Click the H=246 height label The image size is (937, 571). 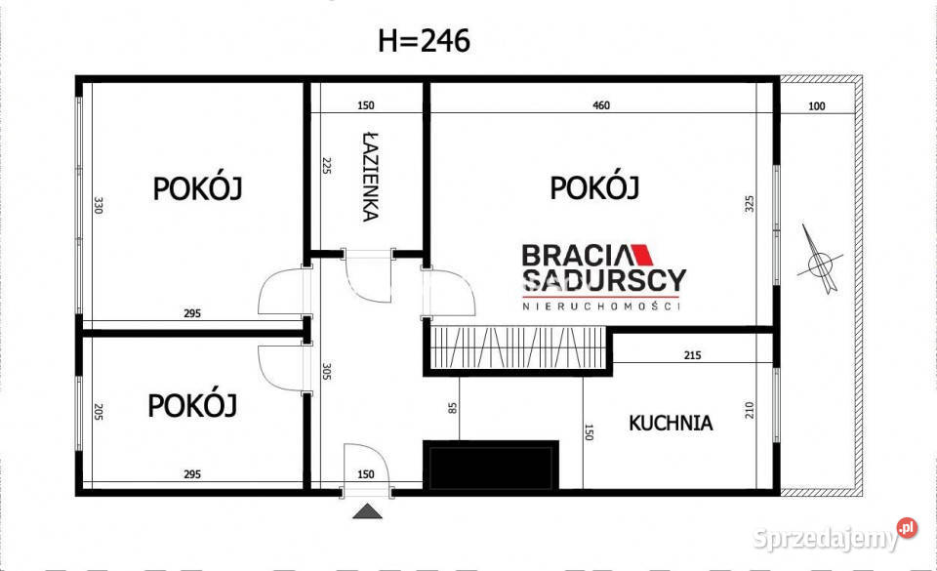tap(424, 41)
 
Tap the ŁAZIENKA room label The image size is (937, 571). tap(368, 176)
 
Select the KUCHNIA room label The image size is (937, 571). tap(670, 423)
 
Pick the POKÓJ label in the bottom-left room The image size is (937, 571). tap(192, 405)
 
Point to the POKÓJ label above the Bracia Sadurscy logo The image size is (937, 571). tap(594, 186)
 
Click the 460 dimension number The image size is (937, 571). tap(601, 105)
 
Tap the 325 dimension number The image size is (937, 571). tap(749, 204)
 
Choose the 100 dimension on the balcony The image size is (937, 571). tap(816, 105)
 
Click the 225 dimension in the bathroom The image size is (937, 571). tap(326, 166)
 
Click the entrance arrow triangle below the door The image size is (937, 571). tap(367, 510)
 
